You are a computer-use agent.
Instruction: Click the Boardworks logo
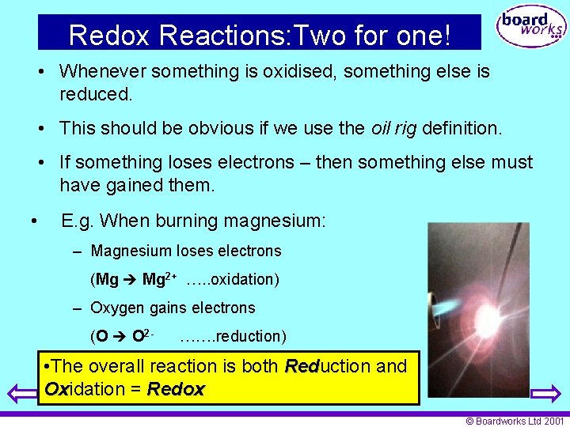coord(530,28)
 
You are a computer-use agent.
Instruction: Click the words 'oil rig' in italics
coord(393,127)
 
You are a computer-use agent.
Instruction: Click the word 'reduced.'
coord(96,94)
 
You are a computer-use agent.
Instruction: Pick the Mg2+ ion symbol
coord(158,279)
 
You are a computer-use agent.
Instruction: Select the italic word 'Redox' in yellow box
coord(176,389)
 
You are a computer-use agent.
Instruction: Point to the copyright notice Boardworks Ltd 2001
coord(515,421)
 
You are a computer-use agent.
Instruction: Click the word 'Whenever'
coord(103,71)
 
